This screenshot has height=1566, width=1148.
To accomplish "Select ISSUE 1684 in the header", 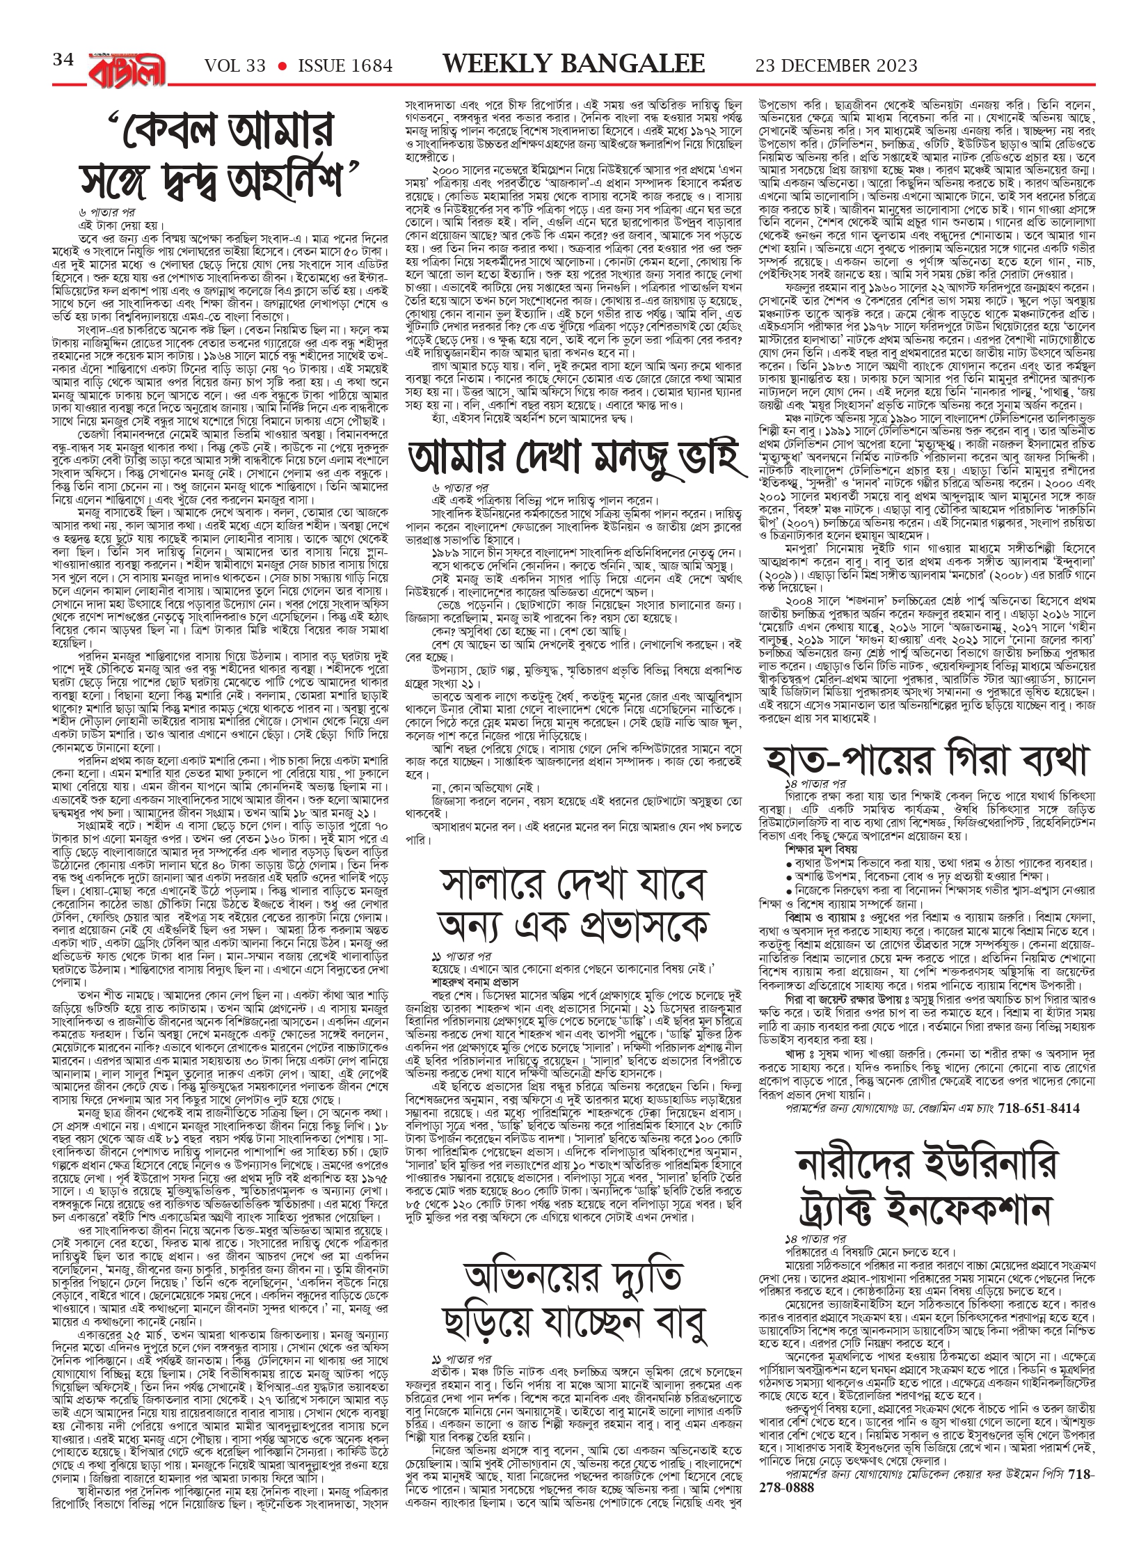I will (345, 66).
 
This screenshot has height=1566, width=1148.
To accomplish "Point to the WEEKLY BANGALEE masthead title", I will (574, 64).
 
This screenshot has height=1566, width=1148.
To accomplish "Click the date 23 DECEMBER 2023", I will (836, 66).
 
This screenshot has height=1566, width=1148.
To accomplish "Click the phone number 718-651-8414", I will (1039, 1108).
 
